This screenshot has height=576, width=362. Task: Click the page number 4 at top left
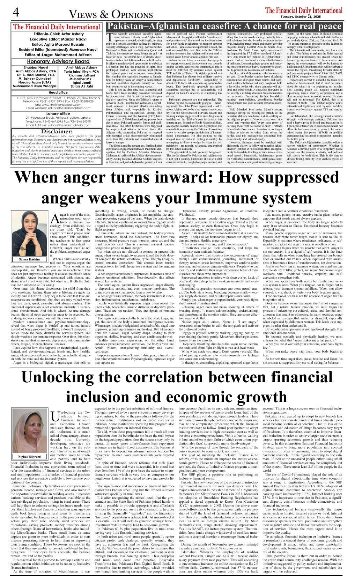16,12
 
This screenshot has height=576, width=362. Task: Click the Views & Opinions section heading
111,14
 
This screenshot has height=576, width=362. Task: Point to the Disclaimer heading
56,131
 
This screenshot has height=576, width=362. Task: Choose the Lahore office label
58,113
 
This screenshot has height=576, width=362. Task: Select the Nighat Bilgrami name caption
29,456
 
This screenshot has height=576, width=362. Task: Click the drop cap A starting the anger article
55,219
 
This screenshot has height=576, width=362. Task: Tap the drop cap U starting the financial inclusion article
55,416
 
